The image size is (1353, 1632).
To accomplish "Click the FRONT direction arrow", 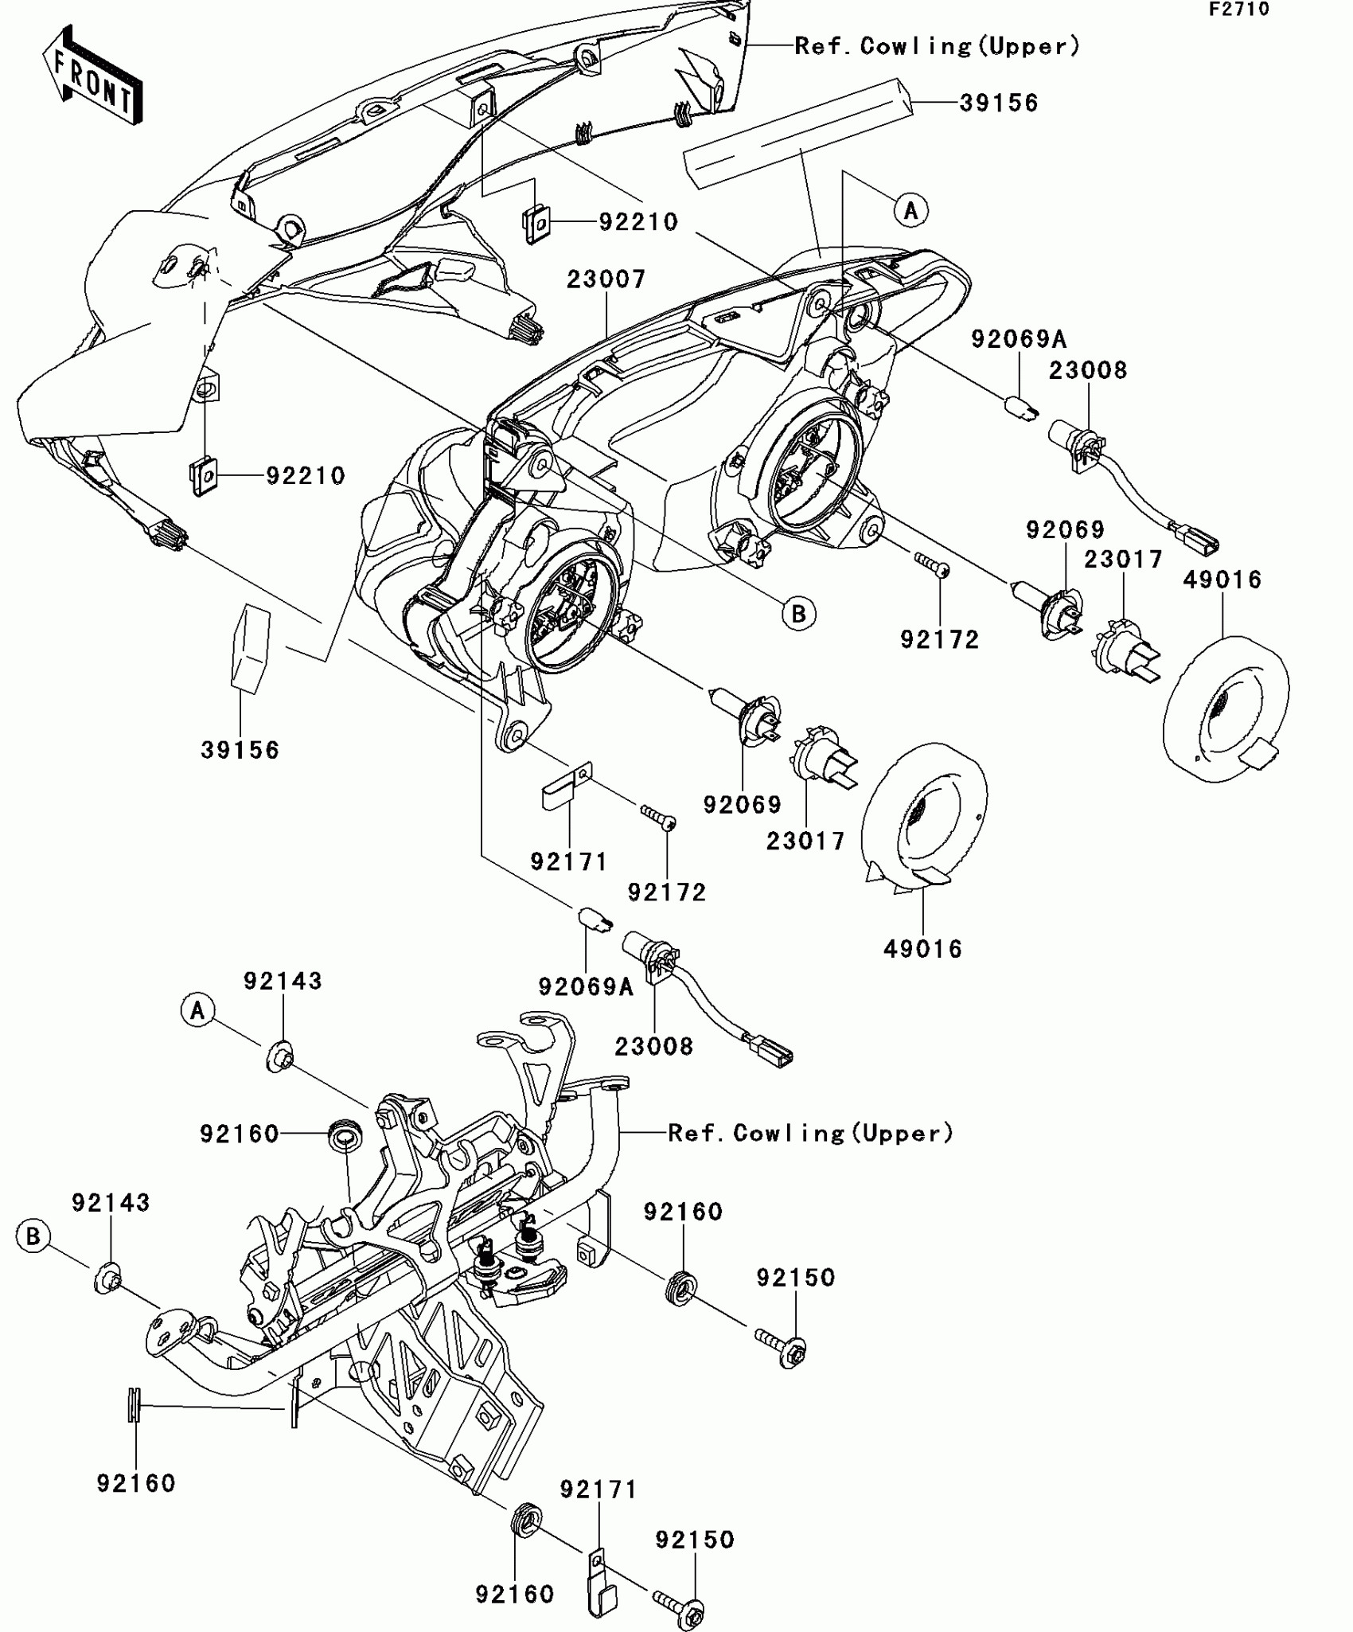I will [x=92, y=76].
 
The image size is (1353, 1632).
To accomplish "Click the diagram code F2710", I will [x=1239, y=10].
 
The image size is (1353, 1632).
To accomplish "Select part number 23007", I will [x=606, y=279].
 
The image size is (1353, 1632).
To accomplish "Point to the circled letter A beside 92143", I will [x=197, y=1010].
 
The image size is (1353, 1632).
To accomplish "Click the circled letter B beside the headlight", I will [x=798, y=613].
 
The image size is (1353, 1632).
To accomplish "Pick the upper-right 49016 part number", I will [x=1222, y=580].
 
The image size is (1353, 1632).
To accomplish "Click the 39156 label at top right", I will [x=999, y=103].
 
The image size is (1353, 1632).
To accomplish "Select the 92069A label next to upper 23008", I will [x=1018, y=340].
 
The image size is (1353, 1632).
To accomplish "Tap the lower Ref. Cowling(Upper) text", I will [x=810, y=1133].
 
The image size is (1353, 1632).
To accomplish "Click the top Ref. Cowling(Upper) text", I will [x=938, y=46].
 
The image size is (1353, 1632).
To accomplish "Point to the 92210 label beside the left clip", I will [x=306, y=476].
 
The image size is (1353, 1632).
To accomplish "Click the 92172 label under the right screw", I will [x=939, y=639].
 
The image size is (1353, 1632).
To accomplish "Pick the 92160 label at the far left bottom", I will [x=136, y=1483].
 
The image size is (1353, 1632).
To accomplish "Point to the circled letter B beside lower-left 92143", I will [x=33, y=1236].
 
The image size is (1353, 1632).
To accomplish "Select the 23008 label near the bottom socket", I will [x=653, y=1046].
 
